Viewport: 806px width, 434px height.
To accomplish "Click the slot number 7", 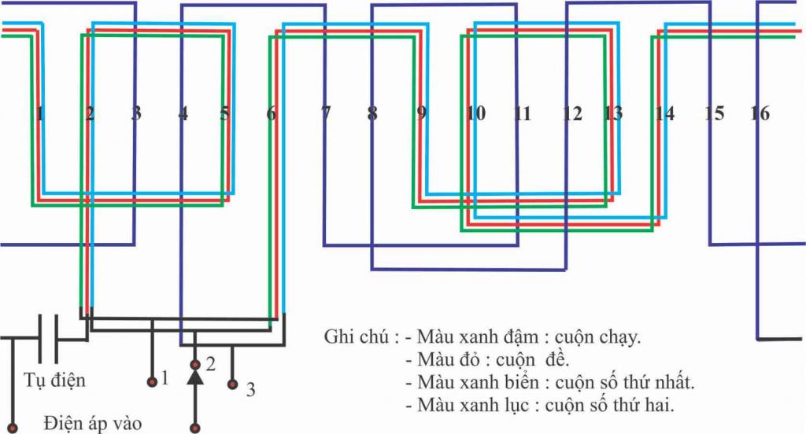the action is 326,113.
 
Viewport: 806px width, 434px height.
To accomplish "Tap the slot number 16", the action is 760,113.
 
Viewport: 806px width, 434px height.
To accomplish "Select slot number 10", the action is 475,113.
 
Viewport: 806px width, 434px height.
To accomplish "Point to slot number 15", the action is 715,113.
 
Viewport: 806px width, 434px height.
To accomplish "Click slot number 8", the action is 372,113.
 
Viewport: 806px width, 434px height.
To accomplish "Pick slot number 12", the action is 572,113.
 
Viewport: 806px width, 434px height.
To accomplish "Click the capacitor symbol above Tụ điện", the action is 48,338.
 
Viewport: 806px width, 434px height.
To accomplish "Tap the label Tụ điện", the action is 54,381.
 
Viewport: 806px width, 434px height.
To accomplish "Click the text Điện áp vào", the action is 93,424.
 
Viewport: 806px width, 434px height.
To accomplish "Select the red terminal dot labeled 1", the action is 152,381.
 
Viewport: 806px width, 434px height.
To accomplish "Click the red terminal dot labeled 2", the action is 195,365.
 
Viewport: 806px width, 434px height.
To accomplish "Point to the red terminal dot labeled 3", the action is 232,384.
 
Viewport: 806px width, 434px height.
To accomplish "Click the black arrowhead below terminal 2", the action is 195,377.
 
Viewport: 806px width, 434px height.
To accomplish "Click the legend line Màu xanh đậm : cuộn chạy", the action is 529,337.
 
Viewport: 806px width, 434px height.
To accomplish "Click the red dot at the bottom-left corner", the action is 13,428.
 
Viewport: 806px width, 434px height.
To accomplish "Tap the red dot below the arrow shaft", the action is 195,428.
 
